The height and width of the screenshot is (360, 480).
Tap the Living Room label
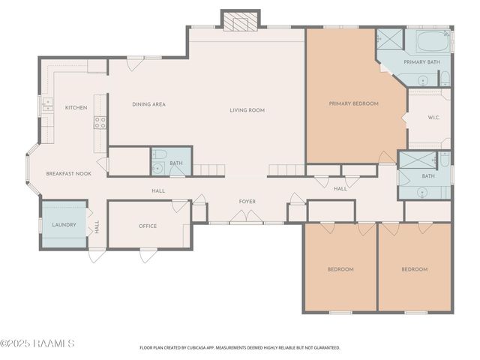coord(247,110)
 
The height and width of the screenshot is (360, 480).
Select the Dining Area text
coord(148,104)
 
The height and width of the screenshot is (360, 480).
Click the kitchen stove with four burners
coord(100,122)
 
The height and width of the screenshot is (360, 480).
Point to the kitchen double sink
coord(48,104)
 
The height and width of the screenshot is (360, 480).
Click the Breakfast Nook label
coord(68,173)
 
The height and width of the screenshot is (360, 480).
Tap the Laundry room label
coord(64,225)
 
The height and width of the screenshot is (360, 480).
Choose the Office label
coord(148,226)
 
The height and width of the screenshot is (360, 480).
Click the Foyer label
coord(247,202)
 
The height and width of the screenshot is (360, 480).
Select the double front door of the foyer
coord(247,216)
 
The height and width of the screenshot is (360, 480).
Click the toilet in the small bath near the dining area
coord(159,154)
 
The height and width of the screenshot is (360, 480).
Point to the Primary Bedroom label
coord(353,103)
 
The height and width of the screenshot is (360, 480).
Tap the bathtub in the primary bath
coord(433,41)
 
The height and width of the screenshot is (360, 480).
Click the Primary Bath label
coord(421,62)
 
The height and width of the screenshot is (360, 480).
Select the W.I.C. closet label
coord(433,118)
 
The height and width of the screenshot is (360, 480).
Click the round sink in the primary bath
coord(423,81)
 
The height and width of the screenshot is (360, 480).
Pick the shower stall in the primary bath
coord(391,39)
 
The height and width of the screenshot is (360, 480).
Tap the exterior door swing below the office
coord(148,256)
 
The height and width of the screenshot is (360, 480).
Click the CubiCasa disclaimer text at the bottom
coord(240,348)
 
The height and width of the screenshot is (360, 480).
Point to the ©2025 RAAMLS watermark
coord(37,343)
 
